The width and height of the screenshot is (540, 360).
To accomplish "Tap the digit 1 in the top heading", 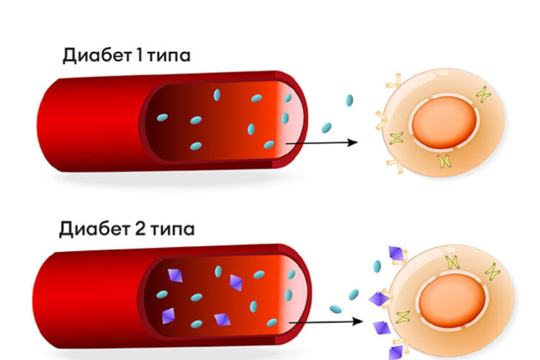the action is pyautogui.click(x=139, y=55).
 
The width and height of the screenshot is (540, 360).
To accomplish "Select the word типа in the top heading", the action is pyautogui.click(x=168, y=57).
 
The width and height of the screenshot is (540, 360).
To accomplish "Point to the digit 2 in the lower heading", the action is pyautogui.click(x=140, y=229).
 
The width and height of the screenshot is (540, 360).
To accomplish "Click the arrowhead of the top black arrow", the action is pyautogui.click(x=353, y=142).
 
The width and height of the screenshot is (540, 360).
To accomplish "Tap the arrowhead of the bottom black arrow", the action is pyautogui.click(x=358, y=321).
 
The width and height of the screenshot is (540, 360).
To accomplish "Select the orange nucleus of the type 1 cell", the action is pyautogui.click(x=444, y=122).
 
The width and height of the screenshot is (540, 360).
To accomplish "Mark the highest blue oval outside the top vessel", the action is pyautogui.click(x=349, y=100).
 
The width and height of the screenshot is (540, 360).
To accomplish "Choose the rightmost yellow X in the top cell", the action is pyautogui.click(x=484, y=94).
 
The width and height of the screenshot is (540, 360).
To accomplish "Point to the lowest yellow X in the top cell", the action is pyautogui.click(x=445, y=161).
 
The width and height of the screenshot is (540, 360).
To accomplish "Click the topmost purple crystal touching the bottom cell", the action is pyautogui.click(x=395, y=253).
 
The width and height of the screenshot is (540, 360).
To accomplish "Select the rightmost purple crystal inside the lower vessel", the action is pyautogui.click(x=236, y=282).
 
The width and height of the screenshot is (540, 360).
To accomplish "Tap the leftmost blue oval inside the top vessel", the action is pyautogui.click(x=162, y=118).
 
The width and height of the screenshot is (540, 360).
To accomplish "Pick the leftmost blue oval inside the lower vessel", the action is pyautogui.click(x=162, y=294).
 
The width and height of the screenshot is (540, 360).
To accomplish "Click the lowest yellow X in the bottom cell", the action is pyautogui.click(x=403, y=317).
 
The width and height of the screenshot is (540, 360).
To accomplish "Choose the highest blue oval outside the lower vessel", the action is pyautogui.click(x=377, y=266).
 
